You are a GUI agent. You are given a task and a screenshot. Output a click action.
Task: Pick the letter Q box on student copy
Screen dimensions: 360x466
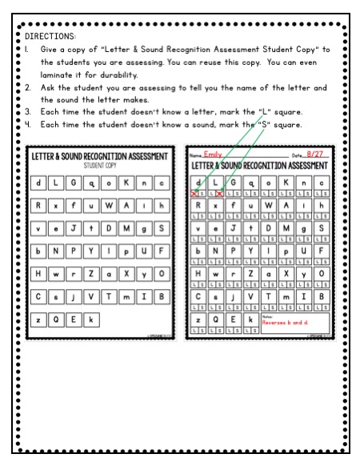[x=57, y=318]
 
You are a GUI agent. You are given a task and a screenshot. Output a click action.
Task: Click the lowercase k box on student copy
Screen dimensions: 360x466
[x=91, y=318]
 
